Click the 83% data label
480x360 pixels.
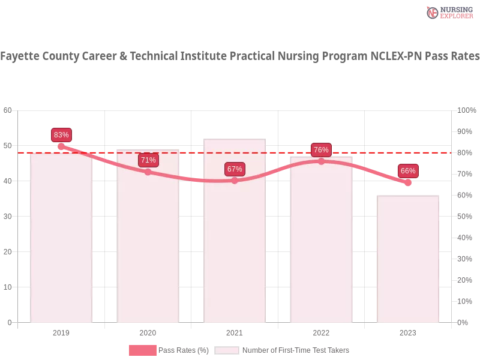[61, 135]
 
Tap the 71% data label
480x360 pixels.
[148, 160]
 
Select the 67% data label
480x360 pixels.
[235, 169]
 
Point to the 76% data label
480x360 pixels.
[321, 150]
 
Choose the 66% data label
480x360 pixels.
[408, 171]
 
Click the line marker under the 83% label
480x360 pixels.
[61, 146]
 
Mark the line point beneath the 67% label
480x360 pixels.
[235, 181]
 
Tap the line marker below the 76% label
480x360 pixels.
[321, 161]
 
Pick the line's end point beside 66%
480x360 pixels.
[408, 182]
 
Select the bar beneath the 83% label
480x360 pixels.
[62, 240]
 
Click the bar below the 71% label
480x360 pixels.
[148, 240]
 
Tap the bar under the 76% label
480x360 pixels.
[321, 240]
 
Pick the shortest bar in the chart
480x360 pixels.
[408, 258]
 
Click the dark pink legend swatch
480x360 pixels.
[142, 350]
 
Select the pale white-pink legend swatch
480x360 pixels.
[227, 350]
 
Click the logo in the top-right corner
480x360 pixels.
[448, 12]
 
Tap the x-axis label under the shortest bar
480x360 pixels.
[408, 331]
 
